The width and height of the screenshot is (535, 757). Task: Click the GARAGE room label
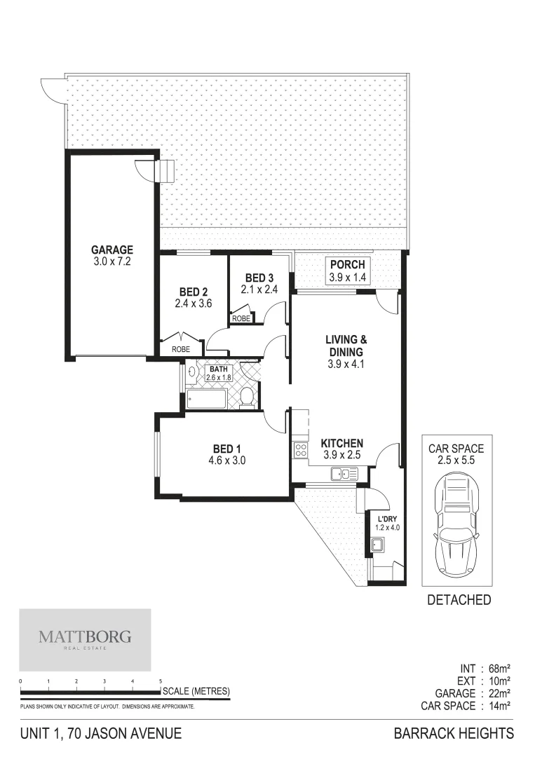tap(111, 250)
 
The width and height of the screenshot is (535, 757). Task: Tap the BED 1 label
tap(229, 449)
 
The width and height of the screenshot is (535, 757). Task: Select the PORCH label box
tap(347, 271)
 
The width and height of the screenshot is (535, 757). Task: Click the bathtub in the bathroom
tap(207, 400)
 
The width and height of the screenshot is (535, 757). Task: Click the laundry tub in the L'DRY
tap(377, 545)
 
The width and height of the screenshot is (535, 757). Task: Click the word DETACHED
tap(459, 600)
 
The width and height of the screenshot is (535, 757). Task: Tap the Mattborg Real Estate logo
tap(84, 639)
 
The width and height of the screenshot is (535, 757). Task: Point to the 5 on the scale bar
tap(161, 681)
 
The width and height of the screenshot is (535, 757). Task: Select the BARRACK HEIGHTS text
tap(454, 734)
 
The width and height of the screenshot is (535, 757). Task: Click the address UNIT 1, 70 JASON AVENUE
tap(102, 734)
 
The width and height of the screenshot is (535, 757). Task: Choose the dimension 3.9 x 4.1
tap(346, 364)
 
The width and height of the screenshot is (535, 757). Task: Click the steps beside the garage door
tap(165, 171)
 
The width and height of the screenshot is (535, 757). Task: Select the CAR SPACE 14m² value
tap(496, 706)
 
